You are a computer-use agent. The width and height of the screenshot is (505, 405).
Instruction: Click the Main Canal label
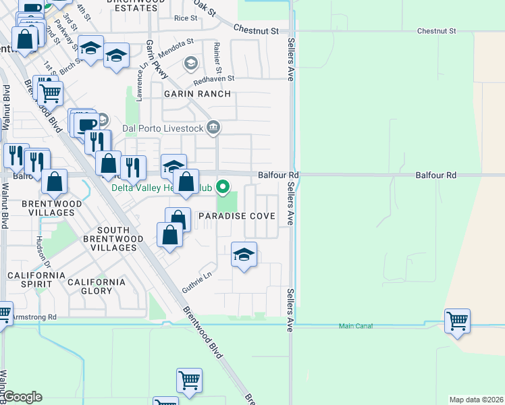[x=355, y=327]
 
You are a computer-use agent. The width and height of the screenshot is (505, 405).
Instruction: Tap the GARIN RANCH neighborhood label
[x=196, y=94]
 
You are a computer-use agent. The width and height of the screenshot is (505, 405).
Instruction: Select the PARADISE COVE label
[x=236, y=216]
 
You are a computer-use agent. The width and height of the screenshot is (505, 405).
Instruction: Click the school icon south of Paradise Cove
[x=244, y=254]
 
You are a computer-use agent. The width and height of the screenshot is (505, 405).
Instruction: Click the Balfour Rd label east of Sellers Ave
[x=435, y=175]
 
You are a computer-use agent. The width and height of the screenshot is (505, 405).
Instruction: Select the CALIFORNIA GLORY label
[x=96, y=286]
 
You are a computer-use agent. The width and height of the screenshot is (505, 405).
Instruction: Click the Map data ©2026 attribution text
[x=476, y=400]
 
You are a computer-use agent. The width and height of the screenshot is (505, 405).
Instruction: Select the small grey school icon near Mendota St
[x=191, y=63]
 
